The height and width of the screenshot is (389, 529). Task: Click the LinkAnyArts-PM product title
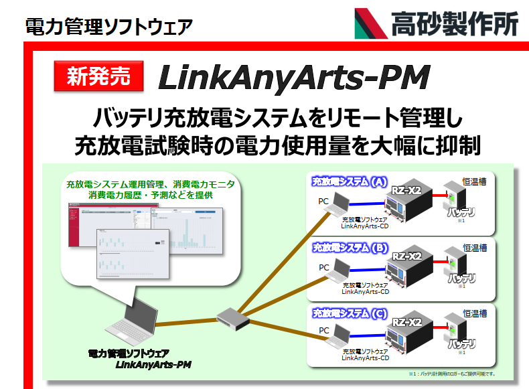tap(293, 78)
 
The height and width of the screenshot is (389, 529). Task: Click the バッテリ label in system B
tap(461, 277)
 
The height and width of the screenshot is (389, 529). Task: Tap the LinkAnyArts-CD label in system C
tap(365, 358)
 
